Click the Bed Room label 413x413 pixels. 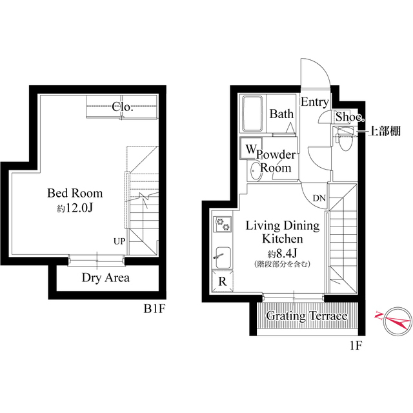coord(75,194)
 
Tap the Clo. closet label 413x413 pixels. coord(123,107)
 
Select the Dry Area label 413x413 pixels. coord(106,278)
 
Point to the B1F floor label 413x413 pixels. coord(154,309)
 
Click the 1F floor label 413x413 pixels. coord(355,346)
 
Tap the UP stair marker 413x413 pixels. coord(119,241)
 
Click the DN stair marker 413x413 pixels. coord(319,198)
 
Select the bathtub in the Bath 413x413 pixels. coord(253,114)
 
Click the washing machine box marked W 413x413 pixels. coord(251,148)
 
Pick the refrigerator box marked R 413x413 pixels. coord(223,281)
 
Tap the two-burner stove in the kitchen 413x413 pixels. coord(223,225)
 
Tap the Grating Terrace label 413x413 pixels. coord(307,316)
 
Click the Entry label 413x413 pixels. coord(315,102)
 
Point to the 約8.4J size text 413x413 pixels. coord(283,254)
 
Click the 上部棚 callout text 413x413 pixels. coord(385,131)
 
